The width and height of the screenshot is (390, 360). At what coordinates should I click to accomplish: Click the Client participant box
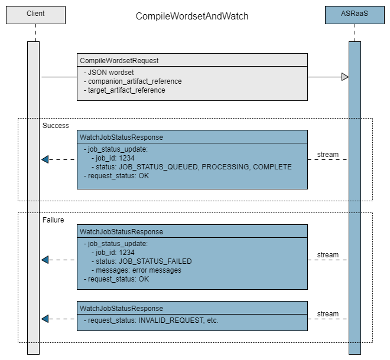point(35,14)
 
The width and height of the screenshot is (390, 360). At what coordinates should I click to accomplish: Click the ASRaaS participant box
point(354,14)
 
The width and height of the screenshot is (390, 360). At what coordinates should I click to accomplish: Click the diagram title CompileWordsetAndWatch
point(192,17)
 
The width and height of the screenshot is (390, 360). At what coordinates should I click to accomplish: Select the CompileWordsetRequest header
point(119,60)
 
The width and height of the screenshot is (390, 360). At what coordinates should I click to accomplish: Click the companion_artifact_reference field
point(134,81)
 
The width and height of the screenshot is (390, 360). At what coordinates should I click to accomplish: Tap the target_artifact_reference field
point(126,90)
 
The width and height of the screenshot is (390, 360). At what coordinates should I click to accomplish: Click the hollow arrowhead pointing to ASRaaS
point(344,77)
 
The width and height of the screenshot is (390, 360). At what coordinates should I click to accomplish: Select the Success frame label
point(56,126)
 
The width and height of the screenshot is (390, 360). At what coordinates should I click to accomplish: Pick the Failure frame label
point(53,220)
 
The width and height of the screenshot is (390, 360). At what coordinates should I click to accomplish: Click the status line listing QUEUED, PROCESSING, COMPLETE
point(192,167)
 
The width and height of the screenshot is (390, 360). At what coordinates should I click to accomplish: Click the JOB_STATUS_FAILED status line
point(142,261)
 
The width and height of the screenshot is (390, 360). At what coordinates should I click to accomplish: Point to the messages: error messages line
point(136,270)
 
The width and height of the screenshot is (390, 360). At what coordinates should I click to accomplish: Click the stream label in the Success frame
point(328,155)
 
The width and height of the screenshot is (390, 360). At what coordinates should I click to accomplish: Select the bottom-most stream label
point(328,314)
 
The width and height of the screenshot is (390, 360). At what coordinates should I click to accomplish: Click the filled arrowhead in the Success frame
point(45,159)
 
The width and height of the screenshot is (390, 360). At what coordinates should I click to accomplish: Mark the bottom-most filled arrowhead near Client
point(45,319)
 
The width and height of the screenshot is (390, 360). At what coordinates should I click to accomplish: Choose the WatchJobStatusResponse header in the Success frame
point(121,137)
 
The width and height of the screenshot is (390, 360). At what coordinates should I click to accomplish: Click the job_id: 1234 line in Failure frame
point(115,253)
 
